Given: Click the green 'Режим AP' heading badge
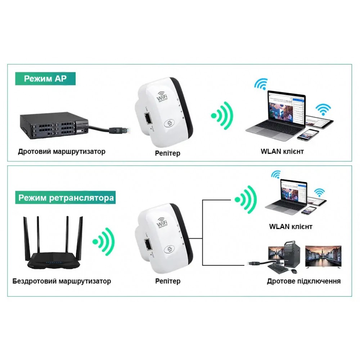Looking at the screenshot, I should (x=45, y=78).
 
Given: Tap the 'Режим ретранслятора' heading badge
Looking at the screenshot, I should (x=66, y=198).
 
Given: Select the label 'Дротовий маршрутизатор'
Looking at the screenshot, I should (x=62, y=151).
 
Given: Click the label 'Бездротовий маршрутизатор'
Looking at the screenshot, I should (x=62, y=281).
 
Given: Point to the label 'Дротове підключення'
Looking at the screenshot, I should (x=303, y=281).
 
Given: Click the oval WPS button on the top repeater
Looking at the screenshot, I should (x=170, y=123).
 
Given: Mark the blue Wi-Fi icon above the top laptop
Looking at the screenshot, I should (x=260, y=84).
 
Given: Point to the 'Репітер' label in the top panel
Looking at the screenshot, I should (x=168, y=153).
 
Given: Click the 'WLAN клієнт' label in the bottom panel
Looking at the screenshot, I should (x=291, y=226).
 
